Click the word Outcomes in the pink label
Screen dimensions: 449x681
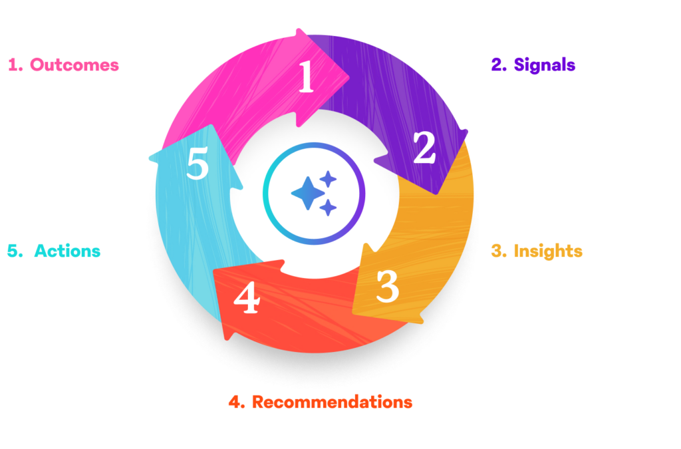coord(74,65)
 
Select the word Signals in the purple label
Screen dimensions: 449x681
coord(545,65)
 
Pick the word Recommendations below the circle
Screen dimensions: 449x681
coord(332,402)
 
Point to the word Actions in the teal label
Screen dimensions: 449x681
coord(67,251)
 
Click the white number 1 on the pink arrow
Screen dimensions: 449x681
coord(305,78)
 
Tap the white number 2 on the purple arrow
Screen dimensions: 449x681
coord(424,148)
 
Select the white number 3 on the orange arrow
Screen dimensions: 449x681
coord(387,286)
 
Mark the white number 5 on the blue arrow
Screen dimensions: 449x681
coord(198,164)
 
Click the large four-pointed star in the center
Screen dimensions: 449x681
coord(307,193)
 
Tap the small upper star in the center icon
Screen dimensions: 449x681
coord(328,178)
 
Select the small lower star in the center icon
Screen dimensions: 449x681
coord(327,208)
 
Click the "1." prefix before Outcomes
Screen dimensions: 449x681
coord(15,65)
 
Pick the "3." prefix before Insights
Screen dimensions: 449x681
coord(499,251)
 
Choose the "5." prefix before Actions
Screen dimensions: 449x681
coord(13,251)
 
